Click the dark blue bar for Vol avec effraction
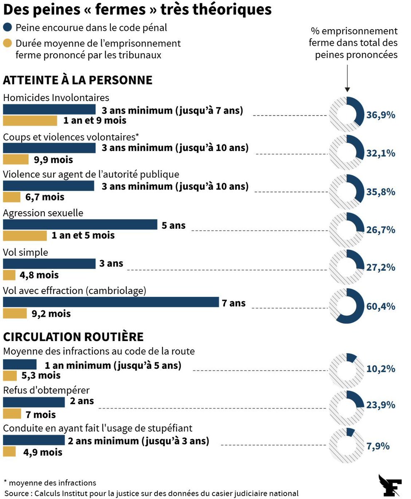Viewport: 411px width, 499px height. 111,302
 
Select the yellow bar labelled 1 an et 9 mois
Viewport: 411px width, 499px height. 30,121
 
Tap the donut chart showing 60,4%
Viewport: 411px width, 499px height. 346,306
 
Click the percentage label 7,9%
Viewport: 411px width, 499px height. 378,446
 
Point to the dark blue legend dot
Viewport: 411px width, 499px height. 7,28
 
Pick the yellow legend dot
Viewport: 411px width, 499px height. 7,43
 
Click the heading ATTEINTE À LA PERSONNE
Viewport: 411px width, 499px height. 78,80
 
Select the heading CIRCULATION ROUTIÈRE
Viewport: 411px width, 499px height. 73,336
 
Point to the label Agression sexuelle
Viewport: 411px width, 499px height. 43,213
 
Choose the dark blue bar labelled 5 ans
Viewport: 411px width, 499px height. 80,225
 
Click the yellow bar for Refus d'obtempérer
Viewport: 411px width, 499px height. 12,414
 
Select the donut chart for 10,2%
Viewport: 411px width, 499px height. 346,368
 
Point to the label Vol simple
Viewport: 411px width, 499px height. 25,252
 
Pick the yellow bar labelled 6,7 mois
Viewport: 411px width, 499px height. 12,197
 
